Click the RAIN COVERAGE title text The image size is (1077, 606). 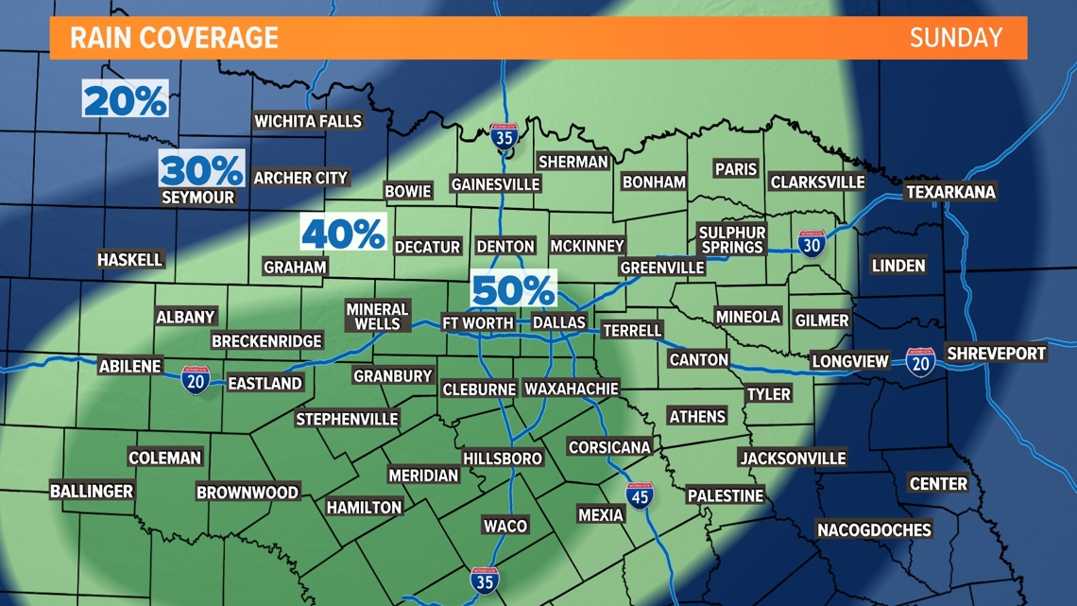tap(174, 38)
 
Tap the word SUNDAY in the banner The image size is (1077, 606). tap(955, 38)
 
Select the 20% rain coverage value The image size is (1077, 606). tap(125, 99)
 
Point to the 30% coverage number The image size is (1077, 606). tap(201, 170)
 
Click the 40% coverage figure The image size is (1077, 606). tap(343, 233)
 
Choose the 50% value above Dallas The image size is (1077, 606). tap(513, 290)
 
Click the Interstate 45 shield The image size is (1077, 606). tap(640, 495)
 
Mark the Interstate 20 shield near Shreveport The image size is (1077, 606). tap(919, 362)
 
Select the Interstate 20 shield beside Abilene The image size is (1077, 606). tap(195, 380)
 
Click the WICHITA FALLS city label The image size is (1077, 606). tap(308, 121)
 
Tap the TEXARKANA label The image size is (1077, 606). tap(950, 192)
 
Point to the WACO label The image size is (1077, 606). tap(505, 526)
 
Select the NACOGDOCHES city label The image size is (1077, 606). tap(874, 530)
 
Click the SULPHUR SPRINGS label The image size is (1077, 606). tap(731, 239)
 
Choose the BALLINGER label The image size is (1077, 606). tap(92, 491)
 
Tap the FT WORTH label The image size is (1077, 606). tap(478, 322)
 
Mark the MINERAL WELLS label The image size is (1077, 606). tap(377, 317)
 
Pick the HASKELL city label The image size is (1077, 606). tap(130, 259)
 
